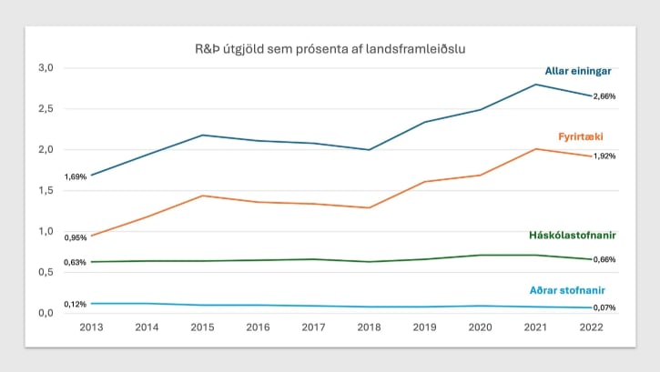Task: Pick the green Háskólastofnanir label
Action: click(573, 235)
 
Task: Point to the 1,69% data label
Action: click(75, 177)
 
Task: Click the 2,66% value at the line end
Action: click(604, 96)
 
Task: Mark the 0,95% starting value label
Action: click(75, 237)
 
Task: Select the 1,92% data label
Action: click(604, 156)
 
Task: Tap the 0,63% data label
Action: click(75, 263)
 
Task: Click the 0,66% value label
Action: click(604, 260)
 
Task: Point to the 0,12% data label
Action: click(75, 304)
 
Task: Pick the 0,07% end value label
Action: click(604, 307)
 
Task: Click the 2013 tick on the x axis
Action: click(91, 327)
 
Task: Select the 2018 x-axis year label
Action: click(370, 327)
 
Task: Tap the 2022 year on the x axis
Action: click(592, 327)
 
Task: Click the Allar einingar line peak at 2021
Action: click(536, 85)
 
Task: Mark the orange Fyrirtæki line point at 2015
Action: click(202, 196)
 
